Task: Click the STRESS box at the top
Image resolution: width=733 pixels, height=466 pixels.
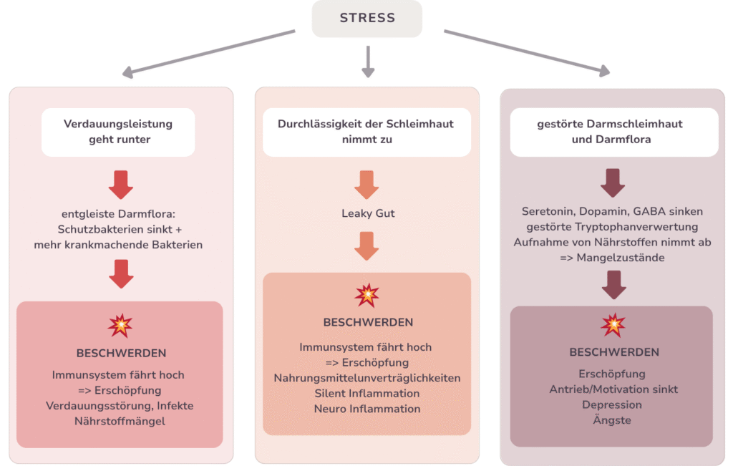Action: [x=366, y=18]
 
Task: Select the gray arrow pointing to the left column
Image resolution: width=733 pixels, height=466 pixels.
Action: [x=208, y=52]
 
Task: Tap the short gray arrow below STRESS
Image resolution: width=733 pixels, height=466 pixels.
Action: [x=368, y=62]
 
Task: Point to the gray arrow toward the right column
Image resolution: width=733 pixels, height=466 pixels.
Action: [x=527, y=52]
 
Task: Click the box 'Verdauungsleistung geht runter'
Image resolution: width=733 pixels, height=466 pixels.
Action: [x=118, y=132]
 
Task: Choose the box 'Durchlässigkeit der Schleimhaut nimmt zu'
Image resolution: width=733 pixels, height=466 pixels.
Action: [x=366, y=132]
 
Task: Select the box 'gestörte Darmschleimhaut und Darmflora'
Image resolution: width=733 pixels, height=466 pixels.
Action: [x=613, y=132]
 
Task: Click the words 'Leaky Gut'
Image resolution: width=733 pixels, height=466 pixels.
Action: [x=366, y=213]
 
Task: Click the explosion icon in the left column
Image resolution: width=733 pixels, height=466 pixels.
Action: [x=120, y=326]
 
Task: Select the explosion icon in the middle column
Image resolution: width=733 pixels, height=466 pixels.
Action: [x=366, y=295]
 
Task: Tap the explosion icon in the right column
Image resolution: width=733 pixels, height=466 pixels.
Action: [x=613, y=325]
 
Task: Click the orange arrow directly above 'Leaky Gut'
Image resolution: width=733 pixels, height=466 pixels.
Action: [x=366, y=184]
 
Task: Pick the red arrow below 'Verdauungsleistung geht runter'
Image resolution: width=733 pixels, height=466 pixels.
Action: [x=120, y=184]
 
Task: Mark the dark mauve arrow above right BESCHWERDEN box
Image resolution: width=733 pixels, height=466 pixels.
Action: [x=613, y=285]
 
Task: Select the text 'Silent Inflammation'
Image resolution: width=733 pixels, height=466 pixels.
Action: [x=366, y=393]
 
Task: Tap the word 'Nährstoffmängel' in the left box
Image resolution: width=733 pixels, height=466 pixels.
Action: [x=120, y=421]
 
